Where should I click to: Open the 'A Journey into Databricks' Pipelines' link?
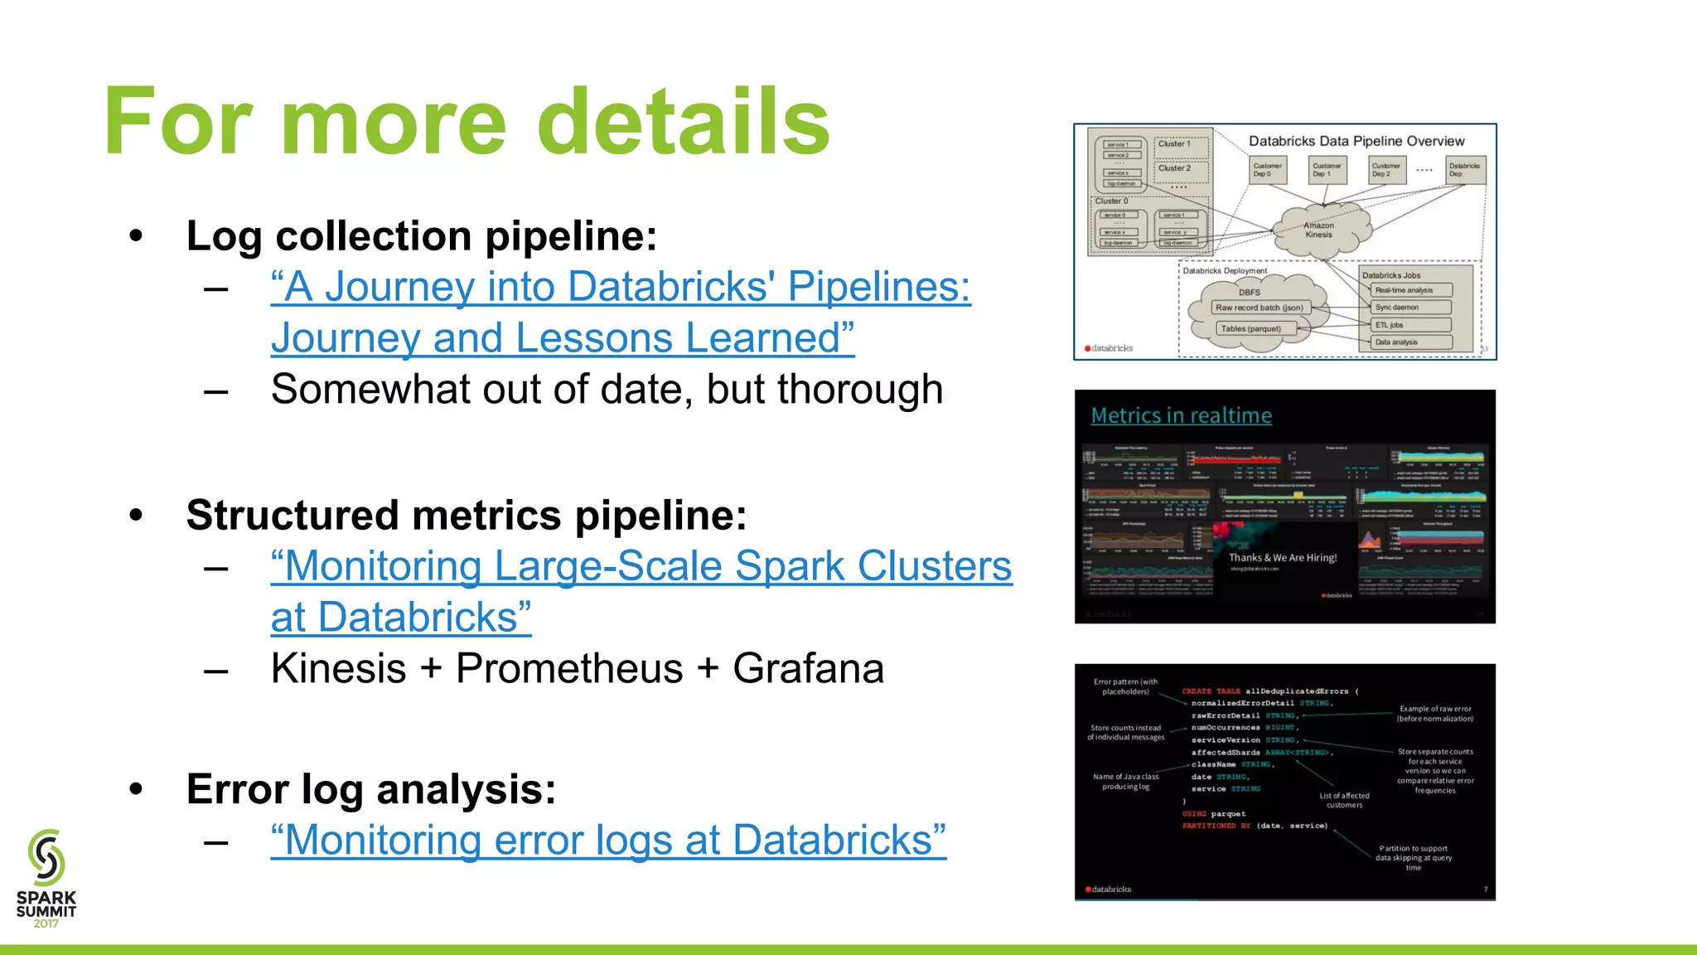click(620, 288)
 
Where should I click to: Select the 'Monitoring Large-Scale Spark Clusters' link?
click(641, 567)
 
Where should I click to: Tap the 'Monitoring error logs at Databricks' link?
click(608, 841)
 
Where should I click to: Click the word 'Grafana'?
click(808, 669)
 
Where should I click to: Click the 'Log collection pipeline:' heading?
click(421, 236)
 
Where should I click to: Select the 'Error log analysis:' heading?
click(370, 789)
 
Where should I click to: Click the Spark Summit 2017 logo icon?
click(46, 858)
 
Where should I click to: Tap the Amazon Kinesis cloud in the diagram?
click(1318, 230)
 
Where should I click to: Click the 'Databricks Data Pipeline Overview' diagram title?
click(1356, 141)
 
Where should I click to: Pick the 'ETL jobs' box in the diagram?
click(1411, 325)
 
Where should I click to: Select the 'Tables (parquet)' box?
click(1250, 328)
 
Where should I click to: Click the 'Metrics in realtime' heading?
click(1181, 415)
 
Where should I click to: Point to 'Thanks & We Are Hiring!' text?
click(1282, 558)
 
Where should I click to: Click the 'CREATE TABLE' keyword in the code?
click(1210, 691)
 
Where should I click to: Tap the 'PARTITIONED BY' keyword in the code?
click(1216, 826)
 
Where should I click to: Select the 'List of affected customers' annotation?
click(1343, 800)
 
